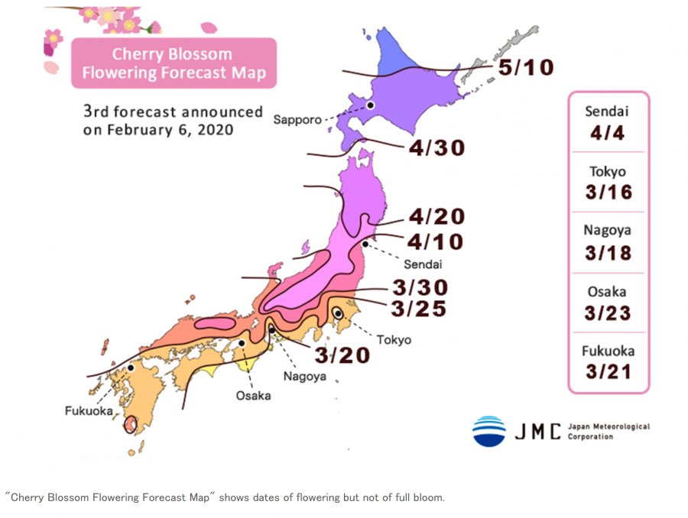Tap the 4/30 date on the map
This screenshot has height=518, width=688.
point(436,148)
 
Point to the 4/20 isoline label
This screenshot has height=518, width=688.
point(436,217)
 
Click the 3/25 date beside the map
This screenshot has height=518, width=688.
point(418,309)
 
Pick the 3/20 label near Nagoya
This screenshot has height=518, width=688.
point(342,355)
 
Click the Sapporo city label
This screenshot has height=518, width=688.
point(297,118)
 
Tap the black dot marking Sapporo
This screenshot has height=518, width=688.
point(370,105)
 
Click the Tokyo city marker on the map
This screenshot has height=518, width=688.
point(338,313)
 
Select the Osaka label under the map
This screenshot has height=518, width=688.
point(252,396)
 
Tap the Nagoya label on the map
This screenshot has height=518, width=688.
point(305,376)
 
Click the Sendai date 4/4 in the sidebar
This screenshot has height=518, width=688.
point(608,134)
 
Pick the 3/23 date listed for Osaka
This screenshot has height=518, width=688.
point(608,313)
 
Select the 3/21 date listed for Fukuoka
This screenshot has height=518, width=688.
point(608,372)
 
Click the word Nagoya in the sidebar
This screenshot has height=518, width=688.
point(608,230)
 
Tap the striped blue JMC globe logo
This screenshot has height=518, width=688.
point(488,431)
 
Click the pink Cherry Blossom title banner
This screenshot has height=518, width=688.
point(174,64)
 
